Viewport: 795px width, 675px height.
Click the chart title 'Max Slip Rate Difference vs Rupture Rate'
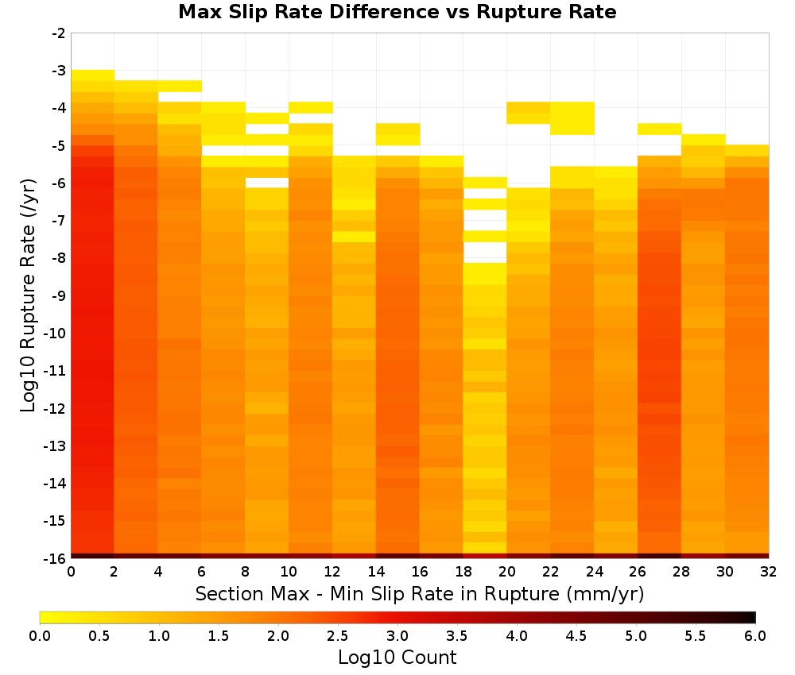pyautogui.click(x=397, y=12)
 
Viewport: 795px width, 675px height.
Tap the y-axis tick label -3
pyautogui.click(x=59, y=71)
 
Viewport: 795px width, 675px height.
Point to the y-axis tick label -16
pyautogui.click(x=55, y=558)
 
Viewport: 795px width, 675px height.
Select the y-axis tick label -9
pyautogui.click(x=59, y=295)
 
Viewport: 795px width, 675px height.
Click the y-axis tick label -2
pyautogui.click(x=59, y=33)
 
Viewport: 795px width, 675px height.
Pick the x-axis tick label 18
pyautogui.click(x=463, y=572)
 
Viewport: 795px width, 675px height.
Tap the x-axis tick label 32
pyautogui.click(x=768, y=572)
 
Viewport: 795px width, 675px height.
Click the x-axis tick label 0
pyautogui.click(x=71, y=572)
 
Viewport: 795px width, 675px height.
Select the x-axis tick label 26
pyautogui.click(x=638, y=572)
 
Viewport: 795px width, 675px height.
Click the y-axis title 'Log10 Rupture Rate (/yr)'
pyautogui.click(x=28, y=295)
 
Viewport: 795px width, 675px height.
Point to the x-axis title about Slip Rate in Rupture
pyautogui.click(x=420, y=593)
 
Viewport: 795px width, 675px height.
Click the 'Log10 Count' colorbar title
pyautogui.click(x=397, y=658)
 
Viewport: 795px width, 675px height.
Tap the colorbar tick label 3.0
pyautogui.click(x=397, y=636)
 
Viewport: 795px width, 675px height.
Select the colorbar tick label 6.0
pyautogui.click(x=755, y=636)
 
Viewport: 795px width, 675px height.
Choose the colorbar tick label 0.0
pyautogui.click(x=40, y=636)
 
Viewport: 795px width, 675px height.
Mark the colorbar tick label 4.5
pyautogui.click(x=576, y=636)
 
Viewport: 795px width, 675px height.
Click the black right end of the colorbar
pyautogui.click(x=751, y=617)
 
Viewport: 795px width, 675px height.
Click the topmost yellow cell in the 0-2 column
pyautogui.click(x=92, y=75)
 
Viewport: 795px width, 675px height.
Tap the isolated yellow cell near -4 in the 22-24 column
pyautogui.click(x=572, y=118)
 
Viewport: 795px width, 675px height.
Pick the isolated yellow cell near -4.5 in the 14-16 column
pyautogui.click(x=397, y=134)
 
